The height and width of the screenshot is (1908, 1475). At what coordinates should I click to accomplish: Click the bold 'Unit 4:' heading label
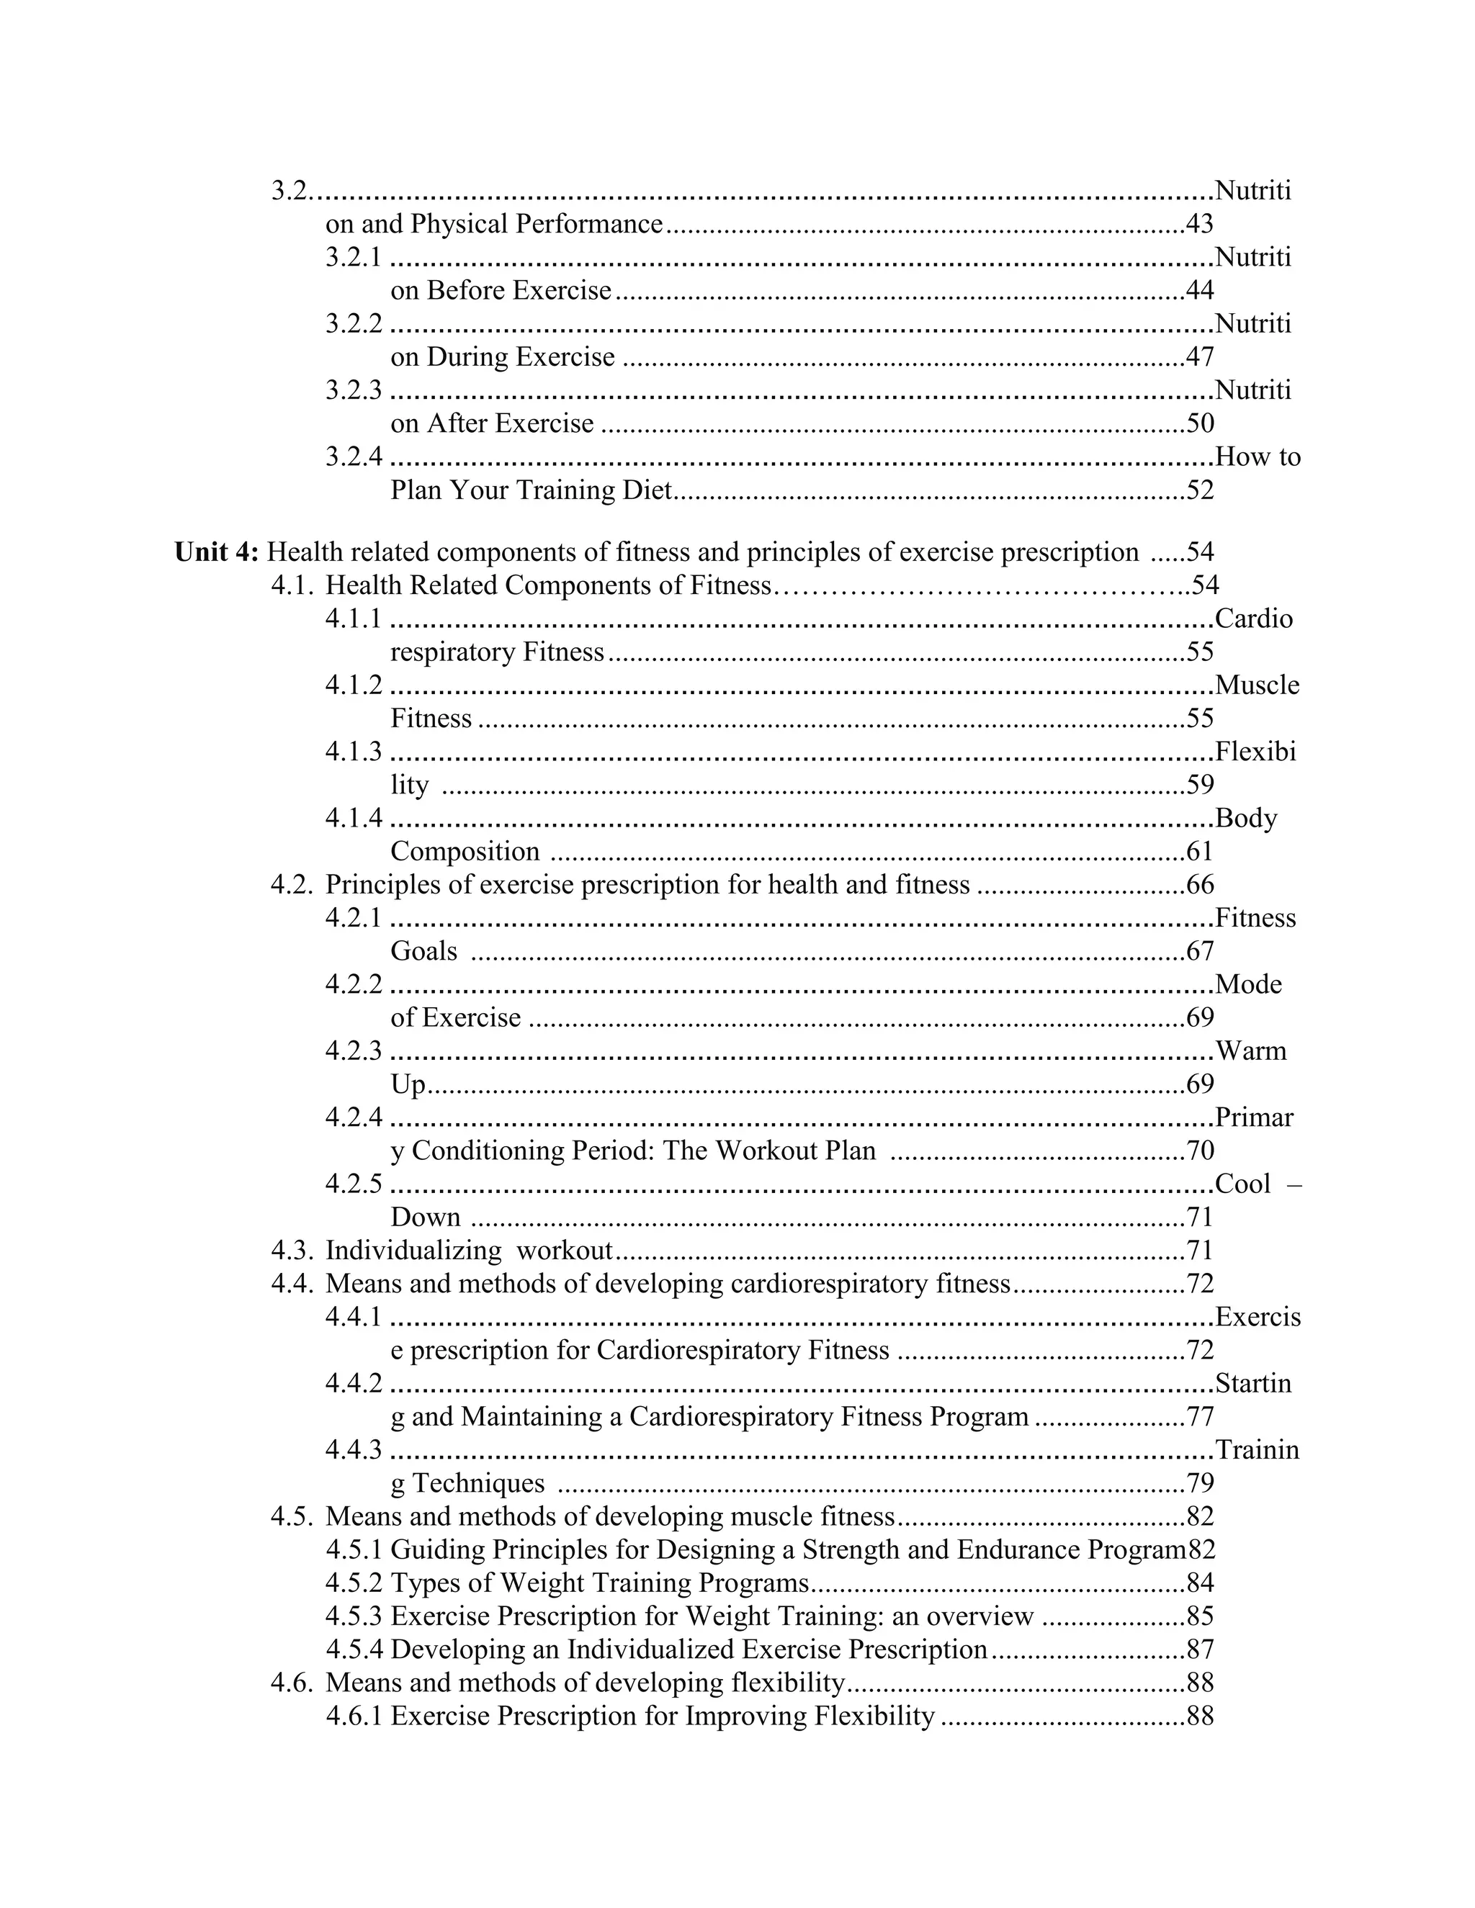coord(217,553)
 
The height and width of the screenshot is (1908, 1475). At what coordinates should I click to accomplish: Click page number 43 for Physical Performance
coord(1200,225)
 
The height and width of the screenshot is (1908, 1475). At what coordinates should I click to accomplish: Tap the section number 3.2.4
coord(354,457)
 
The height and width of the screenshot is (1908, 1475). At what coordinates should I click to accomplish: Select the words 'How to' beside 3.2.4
coord(1257,457)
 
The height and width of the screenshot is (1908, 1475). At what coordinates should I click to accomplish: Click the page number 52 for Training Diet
coord(1200,490)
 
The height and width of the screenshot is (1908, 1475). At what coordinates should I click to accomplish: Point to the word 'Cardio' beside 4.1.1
coord(1253,619)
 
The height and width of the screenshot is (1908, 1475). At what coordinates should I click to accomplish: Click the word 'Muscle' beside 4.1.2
coord(1257,685)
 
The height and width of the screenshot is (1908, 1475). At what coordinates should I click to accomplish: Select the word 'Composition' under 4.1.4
coord(465,852)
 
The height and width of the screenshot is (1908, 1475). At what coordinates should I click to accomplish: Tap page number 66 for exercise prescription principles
coord(1200,885)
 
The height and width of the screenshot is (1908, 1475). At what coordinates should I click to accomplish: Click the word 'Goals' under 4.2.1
coord(423,951)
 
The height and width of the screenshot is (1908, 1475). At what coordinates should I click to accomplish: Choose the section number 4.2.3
coord(354,1051)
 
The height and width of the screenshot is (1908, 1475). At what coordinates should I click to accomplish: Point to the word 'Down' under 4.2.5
coord(426,1218)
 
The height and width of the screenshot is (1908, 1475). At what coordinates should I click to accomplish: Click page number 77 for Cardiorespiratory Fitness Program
coord(1200,1417)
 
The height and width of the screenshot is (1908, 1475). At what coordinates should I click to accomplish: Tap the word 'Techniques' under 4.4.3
coord(478,1483)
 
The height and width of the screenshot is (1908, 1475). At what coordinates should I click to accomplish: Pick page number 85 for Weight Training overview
coord(1200,1616)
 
